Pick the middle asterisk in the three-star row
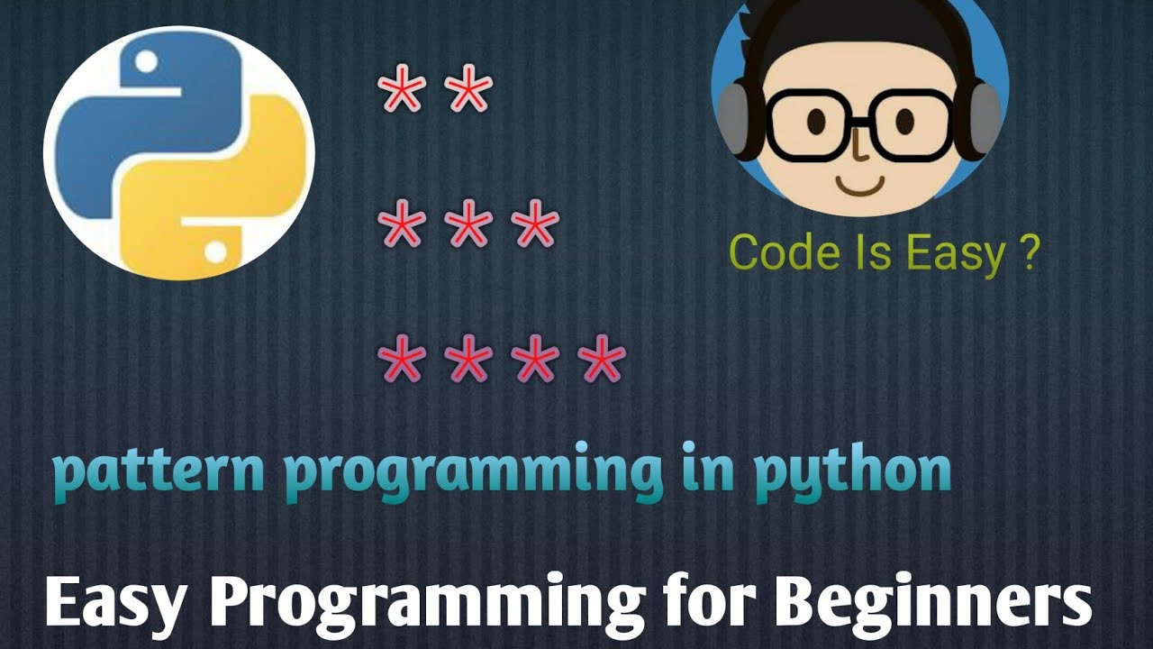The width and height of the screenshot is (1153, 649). click(468, 226)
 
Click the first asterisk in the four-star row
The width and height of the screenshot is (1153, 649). click(402, 361)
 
